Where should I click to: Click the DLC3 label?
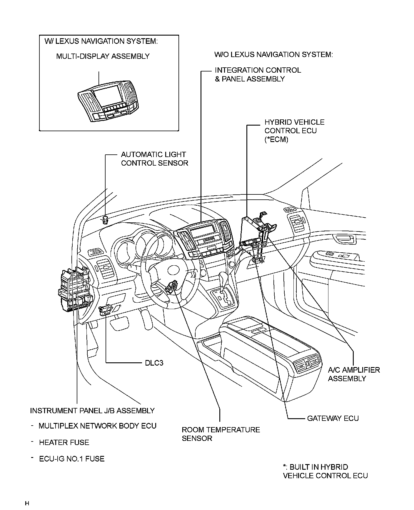tap(154, 363)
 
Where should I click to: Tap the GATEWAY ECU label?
tap(333, 418)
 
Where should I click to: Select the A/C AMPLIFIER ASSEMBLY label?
tap(354, 374)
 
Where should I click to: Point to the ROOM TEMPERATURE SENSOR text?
tap(221, 434)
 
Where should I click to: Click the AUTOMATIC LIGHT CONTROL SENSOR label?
tap(154, 159)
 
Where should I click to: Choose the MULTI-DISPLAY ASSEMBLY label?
tap(103, 56)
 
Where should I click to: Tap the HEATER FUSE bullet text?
tap(64, 442)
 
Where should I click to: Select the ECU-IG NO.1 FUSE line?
tap(71, 459)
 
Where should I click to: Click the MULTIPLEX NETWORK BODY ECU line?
tap(97, 426)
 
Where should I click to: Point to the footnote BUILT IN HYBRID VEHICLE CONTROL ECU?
tap(325, 471)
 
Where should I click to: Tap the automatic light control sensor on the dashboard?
tap(105, 219)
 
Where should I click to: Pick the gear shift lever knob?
tap(223, 276)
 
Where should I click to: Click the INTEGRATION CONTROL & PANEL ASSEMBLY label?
tap(258, 74)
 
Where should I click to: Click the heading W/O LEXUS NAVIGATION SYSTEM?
tap(273, 54)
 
